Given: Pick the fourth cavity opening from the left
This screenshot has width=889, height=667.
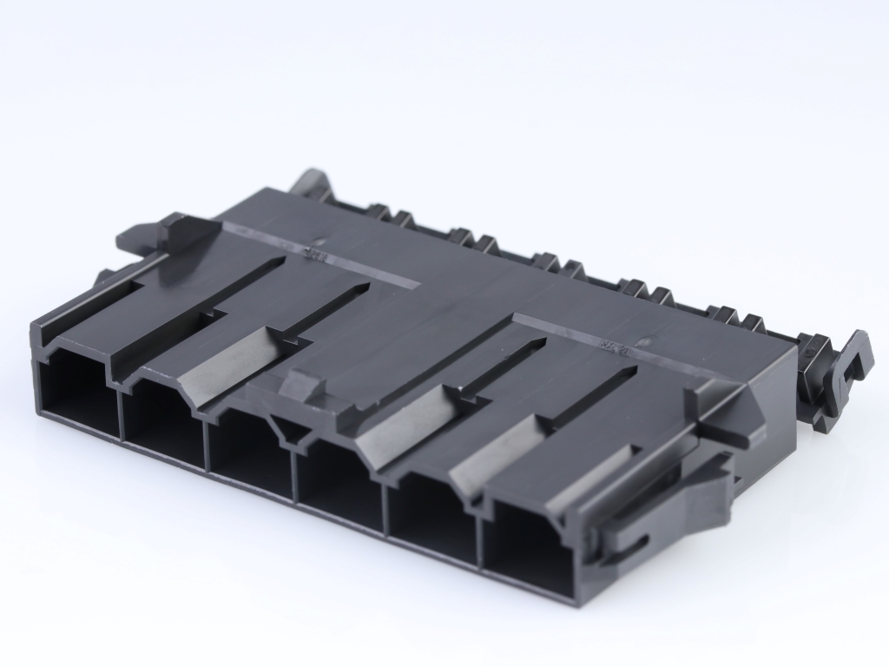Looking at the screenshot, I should tap(339, 482).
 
